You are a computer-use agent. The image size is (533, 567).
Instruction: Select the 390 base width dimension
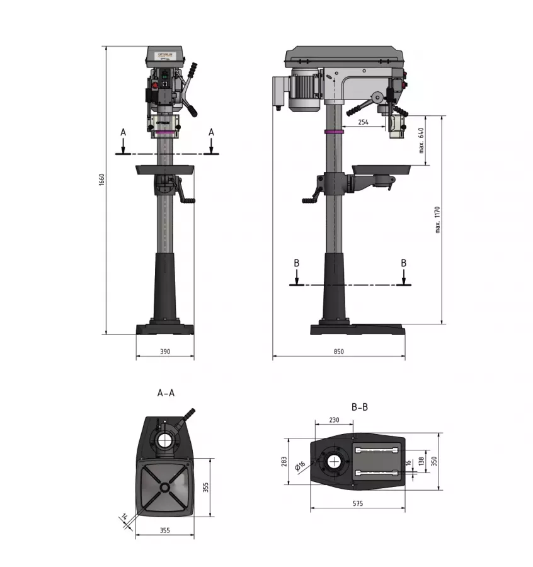coord(165,352)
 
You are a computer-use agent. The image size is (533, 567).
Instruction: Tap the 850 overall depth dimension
coord(339,352)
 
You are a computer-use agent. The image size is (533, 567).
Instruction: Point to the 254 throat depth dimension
coord(363,122)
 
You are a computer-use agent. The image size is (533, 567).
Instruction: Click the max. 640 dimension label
coord(421,140)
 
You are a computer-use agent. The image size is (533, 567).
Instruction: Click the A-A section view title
coord(166,392)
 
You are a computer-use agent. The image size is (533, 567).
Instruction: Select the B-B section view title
coord(360,407)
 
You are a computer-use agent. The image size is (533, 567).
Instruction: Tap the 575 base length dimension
coord(357,503)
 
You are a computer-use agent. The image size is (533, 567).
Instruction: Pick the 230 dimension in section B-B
coord(335,420)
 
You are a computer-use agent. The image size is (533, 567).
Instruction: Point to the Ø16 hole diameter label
coord(301,466)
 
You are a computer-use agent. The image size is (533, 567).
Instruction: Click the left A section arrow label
coord(123,132)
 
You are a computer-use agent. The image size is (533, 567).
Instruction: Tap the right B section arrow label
coord(404,263)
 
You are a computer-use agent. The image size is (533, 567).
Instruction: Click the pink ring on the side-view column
coord(334,132)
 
